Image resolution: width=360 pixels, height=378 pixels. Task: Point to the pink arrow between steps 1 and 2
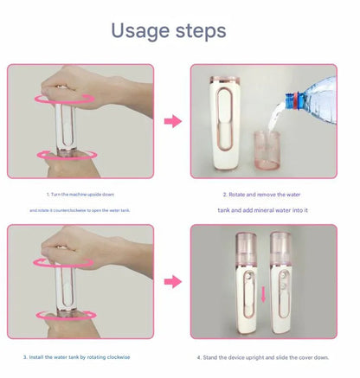point(173,121)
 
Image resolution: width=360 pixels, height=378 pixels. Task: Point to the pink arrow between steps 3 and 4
point(173,281)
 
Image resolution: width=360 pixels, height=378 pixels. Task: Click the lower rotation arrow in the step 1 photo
point(67,155)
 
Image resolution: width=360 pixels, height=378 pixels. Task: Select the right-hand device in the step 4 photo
point(281,281)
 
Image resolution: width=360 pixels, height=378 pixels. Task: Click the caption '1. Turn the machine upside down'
point(80,195)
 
